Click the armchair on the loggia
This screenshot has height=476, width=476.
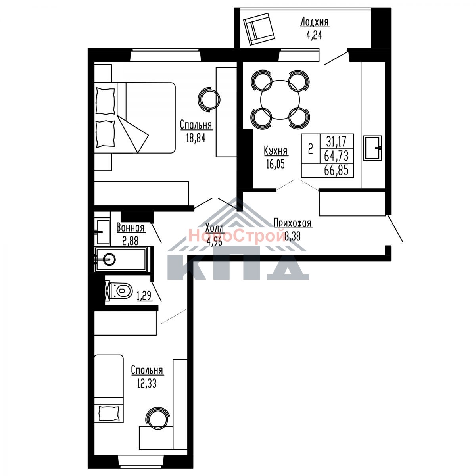coord(259,29)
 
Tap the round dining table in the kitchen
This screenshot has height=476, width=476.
coord(280,100)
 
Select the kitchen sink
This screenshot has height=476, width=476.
coord(372,148)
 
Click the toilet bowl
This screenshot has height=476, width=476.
coord(121,290)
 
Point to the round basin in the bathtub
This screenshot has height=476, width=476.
coord(109,259)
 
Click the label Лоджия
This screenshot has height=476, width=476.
coord(315,22)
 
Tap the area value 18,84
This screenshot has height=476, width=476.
coord(196,138)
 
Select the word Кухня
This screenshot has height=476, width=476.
coord(276,151)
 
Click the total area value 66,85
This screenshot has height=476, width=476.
coord(336,170)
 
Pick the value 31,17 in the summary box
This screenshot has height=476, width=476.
coord(336,141)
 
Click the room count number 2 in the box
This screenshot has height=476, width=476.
coord(311,149)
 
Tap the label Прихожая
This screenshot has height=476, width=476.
coord(293,223)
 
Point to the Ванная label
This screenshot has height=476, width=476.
coord(131,228)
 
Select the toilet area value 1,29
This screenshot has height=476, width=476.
coord(144,296)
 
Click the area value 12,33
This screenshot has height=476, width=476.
coord(147,384)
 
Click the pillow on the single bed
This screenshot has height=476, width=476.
coord(108,413)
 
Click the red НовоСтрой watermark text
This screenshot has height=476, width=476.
coord(237,235)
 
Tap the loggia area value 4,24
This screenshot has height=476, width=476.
coord(314,36)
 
